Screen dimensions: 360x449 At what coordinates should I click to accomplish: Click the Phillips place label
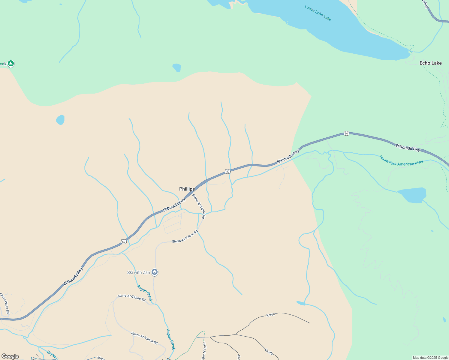tap(187, 189)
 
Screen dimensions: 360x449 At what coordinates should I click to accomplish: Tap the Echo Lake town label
tap(430, 63)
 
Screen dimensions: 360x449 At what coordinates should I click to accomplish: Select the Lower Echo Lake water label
tap(318, 13)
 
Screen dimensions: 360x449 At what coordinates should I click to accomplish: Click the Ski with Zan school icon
tap(155, 272)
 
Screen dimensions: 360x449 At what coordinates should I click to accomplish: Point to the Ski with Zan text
tap(138, 272)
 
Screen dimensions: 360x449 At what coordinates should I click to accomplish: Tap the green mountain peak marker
tap(11, 63)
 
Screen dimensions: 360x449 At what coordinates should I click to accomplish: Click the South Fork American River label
tap(401, 161)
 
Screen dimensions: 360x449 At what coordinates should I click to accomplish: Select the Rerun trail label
tap(270, 315)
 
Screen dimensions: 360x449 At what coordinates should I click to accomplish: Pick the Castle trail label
tap(269, 352)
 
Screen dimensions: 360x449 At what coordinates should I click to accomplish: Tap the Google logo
tap(10, 356)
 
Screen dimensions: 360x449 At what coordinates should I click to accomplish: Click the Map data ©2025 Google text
tap(430, 358)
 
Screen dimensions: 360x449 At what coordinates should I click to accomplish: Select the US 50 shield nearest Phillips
tap(228, 172)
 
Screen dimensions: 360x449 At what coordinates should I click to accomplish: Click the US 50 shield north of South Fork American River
tap(346, 133)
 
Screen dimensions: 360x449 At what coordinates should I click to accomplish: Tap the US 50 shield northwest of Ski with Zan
tap(124, 241)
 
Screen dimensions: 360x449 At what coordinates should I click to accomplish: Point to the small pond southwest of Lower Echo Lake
tap(177, 67)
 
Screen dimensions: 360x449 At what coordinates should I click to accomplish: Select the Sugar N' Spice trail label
tap(204, 351)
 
